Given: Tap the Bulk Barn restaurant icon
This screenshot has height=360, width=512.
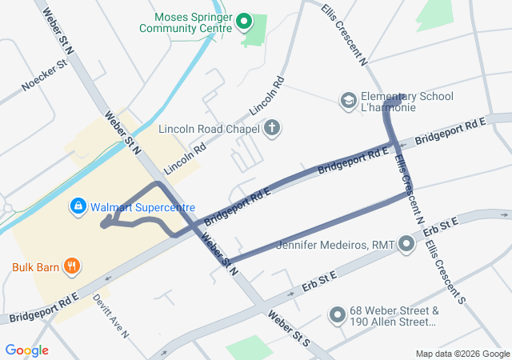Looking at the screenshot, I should (x=71, y=266).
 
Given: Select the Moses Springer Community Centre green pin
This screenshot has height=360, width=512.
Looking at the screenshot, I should (x=246, y=22).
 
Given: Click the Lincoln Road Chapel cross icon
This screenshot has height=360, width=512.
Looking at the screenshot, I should (x=272, y=128).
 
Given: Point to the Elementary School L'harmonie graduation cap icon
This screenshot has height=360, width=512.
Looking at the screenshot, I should (x=349, y=101).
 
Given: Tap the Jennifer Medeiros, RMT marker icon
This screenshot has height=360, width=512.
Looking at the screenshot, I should (x=407, y=243).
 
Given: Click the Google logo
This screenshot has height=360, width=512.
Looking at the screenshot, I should (x=27, y=350).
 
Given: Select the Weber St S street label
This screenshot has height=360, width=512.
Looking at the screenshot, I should (x=289, y=327).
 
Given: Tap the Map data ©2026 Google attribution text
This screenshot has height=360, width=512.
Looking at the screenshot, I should (x=462, y=354).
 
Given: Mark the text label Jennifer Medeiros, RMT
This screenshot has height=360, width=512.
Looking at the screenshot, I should (x=336, y=243).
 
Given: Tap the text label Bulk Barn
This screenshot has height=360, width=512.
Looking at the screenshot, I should (x=35, y=266).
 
